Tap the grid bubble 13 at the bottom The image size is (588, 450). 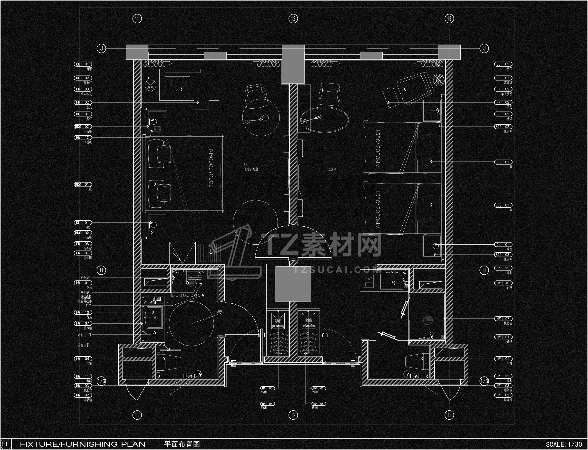click(x=449, y=415)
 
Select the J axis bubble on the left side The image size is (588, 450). click(x=101, y=48)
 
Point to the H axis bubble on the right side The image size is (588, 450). click(x=484, y=270)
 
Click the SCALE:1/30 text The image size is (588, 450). click(x=564, y=444)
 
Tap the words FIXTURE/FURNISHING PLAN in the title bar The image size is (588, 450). click(x=83, y=444)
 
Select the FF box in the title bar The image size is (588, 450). click(x=6, y=444)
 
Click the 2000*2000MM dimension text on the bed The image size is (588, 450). click(x=212, y=168)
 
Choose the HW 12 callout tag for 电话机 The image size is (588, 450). click(x=83, y=138)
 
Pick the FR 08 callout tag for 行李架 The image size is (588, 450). click(x=83, y=244)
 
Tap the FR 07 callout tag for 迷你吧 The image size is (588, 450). click(x=83, y=253)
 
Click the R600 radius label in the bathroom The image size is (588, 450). click(x=219, y=311)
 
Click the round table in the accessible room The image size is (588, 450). click(x=261, y=119)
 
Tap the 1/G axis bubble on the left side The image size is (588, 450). click(x=101, y=381)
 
